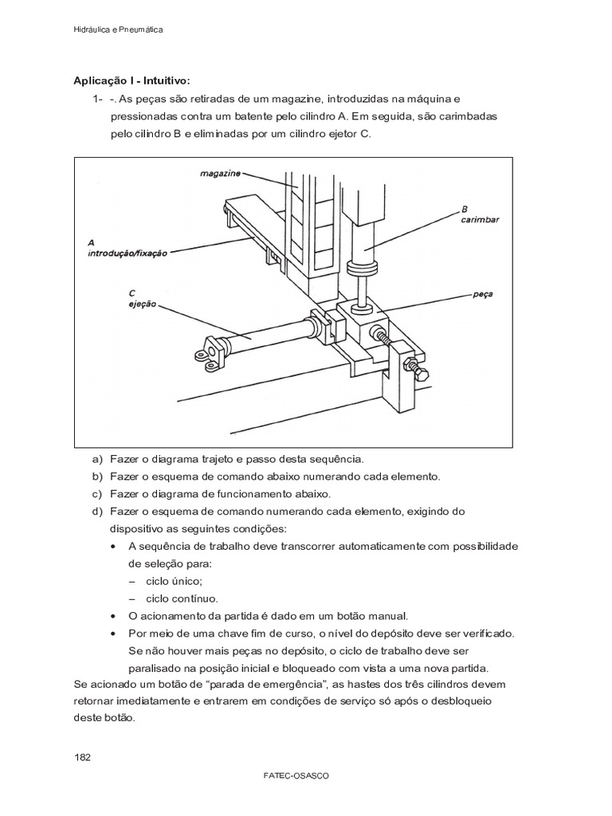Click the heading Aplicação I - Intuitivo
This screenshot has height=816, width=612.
pyautogui.click(x=132, y=81)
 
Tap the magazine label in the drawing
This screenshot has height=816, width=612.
pyautogui.click(x=219, y=171)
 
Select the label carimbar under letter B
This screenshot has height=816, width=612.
pyautogui.click(x=479, y=220)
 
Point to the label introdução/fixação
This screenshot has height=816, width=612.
pyautogui.click(x=127, y=253)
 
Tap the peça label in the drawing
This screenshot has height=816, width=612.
pyautogui.click(x=482, y=293)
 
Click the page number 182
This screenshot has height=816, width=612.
pyautogui.click(x=82, y=756)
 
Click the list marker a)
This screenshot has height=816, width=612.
pyautogui.click(x=98, y=460)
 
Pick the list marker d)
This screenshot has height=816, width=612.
pyautogui.click(x=98, y=511)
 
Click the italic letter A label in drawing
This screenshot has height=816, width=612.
pyautogui.click(x=92, y=241)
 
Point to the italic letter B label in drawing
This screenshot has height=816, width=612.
pyautogui.click(x=464, y=210)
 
